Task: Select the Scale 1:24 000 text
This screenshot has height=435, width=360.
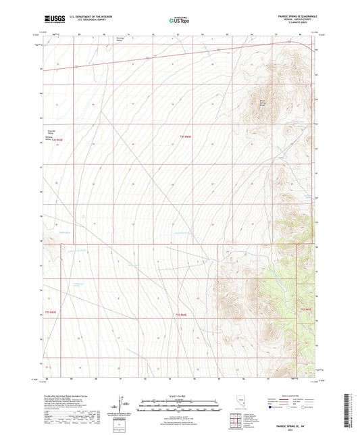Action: (180, 396)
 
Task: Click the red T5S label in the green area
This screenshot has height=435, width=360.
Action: (308, 309)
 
